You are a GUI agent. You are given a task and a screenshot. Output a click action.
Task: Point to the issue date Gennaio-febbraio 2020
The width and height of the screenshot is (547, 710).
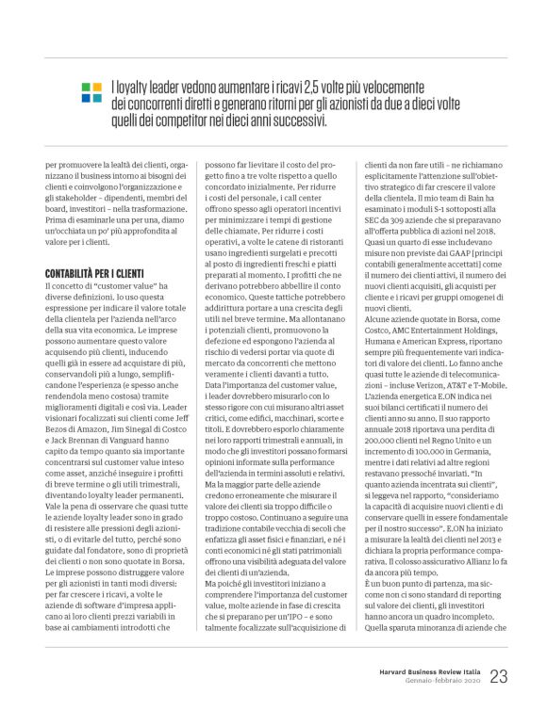point(439,681)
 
